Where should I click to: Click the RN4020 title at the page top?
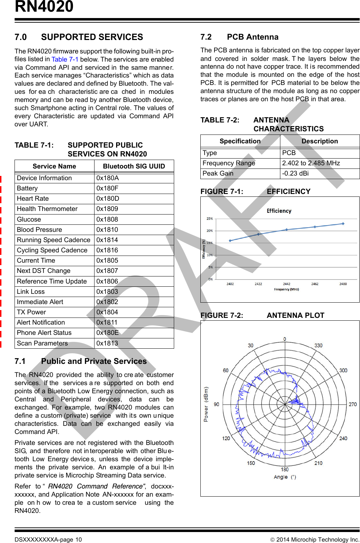click(44, 6)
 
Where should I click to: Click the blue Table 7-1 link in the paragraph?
click(65, 59)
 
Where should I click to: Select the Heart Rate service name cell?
click(33, 199)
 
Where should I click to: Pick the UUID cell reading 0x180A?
click(108, 178)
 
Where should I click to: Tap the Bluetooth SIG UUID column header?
click(134, 166)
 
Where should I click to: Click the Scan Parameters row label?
click(42, 343)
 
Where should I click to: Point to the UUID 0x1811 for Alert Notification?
click(107, 322)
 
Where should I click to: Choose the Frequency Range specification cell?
click(229, 163)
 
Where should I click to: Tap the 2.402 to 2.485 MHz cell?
click(311, 163)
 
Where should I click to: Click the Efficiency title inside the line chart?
click(279, 211)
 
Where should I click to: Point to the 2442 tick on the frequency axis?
click(287, 284)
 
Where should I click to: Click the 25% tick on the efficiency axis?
click(210, 219)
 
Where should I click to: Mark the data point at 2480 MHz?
click(343, 224)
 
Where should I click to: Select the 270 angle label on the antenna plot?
click(353, 404)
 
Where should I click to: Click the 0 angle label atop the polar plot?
click(285, 339)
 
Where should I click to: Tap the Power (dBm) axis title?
click(206, 404)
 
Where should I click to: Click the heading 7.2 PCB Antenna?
click(239, 37)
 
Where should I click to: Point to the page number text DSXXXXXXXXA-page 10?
click(48, 539)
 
